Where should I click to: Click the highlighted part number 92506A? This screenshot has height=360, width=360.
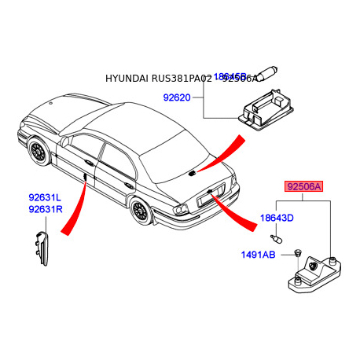pyautogui.click(x=303, y=187)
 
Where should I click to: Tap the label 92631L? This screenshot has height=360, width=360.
pyautogui.click(x=45, y=199)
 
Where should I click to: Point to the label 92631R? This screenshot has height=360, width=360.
pyautogui.click(x=45, y=210)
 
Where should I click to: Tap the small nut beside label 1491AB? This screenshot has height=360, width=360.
pyautogui.click(x=299, y=252)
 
